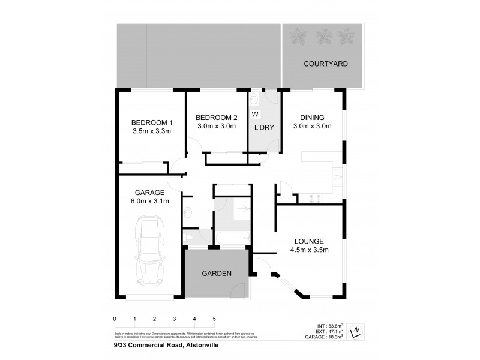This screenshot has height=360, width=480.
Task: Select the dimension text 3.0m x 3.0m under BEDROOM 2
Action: click(216, 126)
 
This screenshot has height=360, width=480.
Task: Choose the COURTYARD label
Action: click(325, 64)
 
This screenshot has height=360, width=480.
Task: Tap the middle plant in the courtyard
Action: click(325, 37)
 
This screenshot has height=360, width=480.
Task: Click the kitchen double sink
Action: click(337, 178)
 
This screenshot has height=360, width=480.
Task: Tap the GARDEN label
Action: click(216, 273)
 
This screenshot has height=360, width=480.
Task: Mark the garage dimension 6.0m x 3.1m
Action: click(150, 201)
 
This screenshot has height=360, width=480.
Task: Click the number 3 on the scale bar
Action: click(174, 319)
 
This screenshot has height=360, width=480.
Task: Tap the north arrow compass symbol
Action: click(356, 329)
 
